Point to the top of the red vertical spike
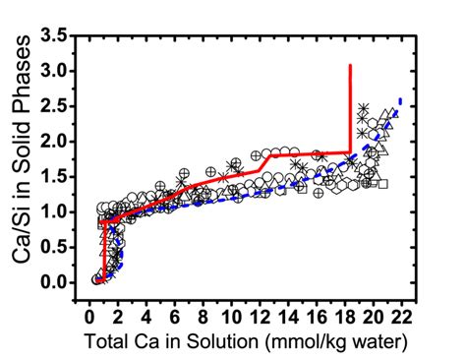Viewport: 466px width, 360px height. (x=351, y=66)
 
